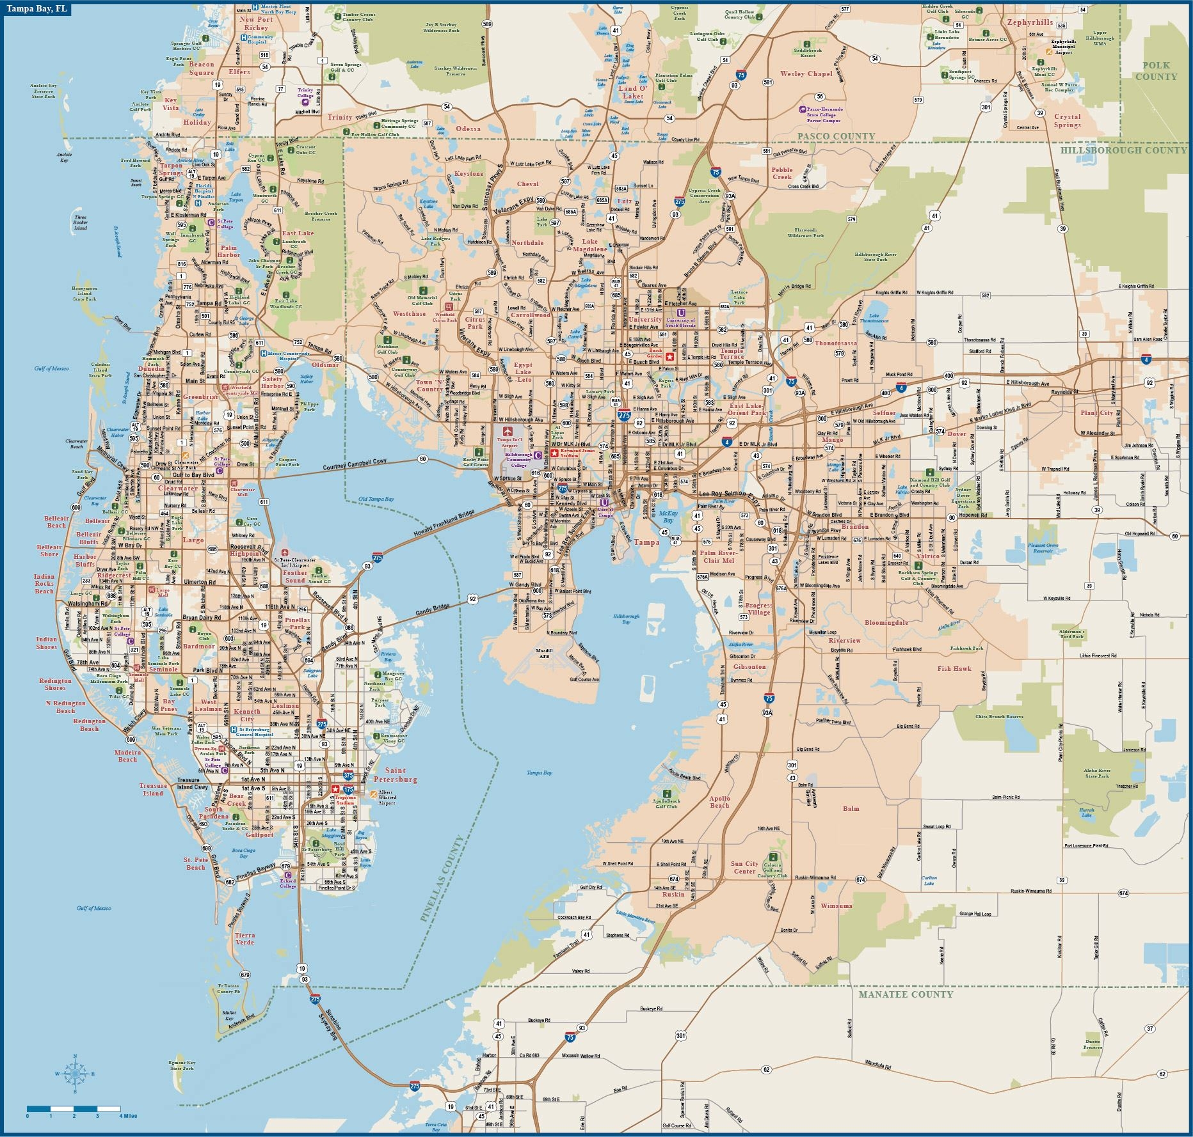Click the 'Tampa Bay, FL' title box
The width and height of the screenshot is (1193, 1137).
pos(36,10)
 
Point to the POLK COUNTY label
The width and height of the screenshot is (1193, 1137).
pos(1156,70)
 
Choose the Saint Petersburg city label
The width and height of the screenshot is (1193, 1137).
pos(401,775)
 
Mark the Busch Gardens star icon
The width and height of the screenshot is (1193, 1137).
pos(670,357)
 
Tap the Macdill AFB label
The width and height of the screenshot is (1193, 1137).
pos(544,653)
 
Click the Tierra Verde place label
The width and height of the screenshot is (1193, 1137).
pos(244,938)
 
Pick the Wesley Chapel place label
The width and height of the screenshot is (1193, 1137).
pos(806,74)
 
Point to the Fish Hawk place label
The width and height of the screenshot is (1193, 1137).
pos(954,668)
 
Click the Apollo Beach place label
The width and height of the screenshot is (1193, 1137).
pos(719,801)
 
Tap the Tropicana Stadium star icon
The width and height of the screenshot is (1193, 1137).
pos(335,790)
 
